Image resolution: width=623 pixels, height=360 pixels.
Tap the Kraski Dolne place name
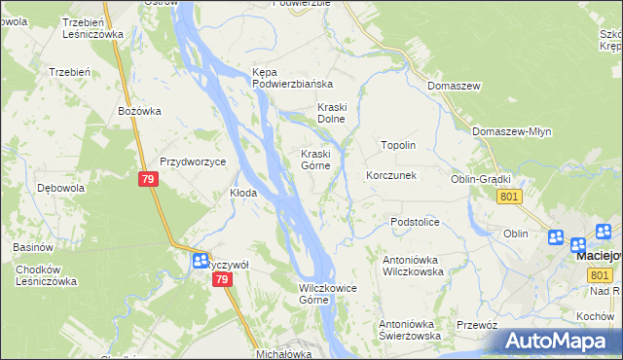[332, 113]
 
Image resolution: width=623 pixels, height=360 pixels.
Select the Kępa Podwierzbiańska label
[292, 78]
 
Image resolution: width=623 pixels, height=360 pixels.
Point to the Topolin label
[398, 145]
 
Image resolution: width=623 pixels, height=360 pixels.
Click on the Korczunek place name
[391, 176]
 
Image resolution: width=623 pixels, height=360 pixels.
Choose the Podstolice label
[416, 223]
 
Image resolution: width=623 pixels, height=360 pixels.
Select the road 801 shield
[508, 197]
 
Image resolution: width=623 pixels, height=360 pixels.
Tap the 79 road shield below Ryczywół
[222, 279]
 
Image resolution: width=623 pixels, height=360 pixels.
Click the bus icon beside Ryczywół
[199, 261]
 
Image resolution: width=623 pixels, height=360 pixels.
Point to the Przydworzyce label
[193, 162]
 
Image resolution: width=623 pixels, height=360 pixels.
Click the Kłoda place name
[242, 193]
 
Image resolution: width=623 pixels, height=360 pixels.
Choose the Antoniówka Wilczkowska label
[427, 266]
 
